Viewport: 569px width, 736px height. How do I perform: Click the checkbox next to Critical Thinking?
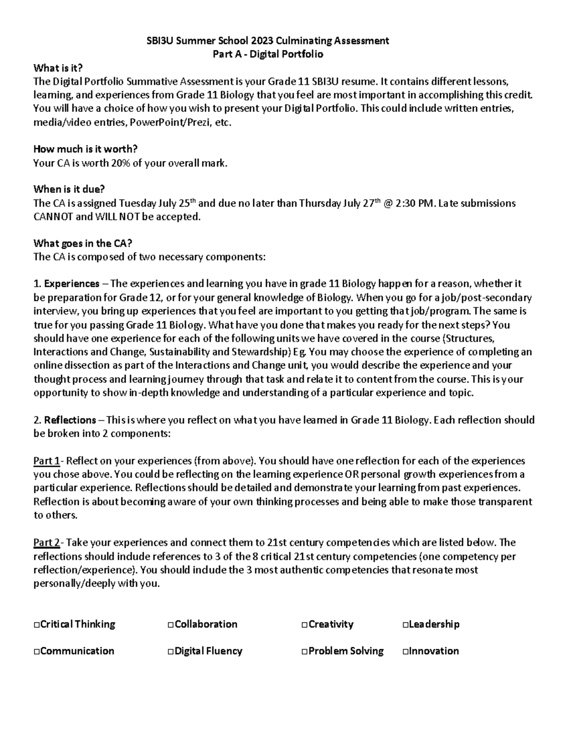[x=37, y=625]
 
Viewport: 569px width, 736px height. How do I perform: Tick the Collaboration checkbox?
[x=171, y=625]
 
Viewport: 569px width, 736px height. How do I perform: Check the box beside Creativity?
[x=304, y=625]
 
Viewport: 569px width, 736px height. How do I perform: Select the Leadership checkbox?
[x=405, y=625]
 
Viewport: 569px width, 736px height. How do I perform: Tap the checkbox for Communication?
[x=37, y=652]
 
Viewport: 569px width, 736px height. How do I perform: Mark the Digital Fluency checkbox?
[x=171, y=652]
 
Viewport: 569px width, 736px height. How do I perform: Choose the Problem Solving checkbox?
[x=304, y=652]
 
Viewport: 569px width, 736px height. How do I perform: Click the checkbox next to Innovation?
[x=405, y=652]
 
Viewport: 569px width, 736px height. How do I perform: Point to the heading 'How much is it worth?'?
[x=85, y=149]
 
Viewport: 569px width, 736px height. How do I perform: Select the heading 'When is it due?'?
[x=69, y=190]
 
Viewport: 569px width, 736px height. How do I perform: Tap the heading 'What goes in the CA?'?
[x=83, y=244]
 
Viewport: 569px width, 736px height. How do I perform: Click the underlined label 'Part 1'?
[x=46, y=461]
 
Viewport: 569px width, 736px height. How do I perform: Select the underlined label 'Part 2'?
[x=46, y=542]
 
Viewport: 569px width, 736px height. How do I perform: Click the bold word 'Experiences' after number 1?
[x=72, y=284]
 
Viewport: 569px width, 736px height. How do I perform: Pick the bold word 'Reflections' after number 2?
[x=70, y=420]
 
